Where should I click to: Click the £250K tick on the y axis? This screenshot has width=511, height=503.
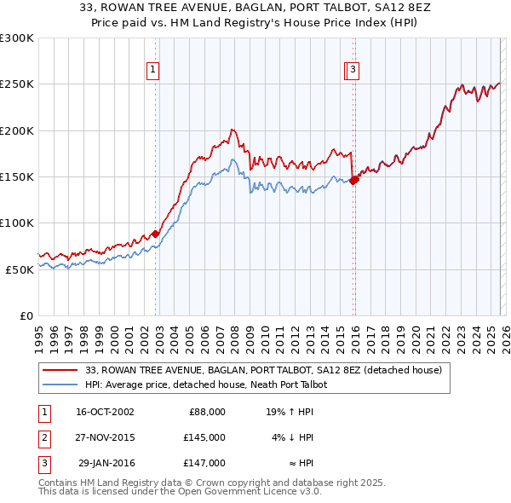(17, 84)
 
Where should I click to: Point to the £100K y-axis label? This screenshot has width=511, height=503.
(17, 223)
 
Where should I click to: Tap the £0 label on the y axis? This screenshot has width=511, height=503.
(26, 315)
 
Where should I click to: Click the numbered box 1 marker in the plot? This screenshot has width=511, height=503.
(152, 71)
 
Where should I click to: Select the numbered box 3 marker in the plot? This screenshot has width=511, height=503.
(352, 71)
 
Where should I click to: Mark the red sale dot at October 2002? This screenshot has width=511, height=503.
(156, 234)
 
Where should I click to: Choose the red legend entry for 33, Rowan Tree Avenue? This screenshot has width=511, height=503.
(263, 371)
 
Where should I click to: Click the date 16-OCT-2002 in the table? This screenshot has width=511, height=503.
(105, 411)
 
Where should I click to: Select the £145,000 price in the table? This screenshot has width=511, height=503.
(204, 437)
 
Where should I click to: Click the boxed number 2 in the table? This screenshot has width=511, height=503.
(43, 437)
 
